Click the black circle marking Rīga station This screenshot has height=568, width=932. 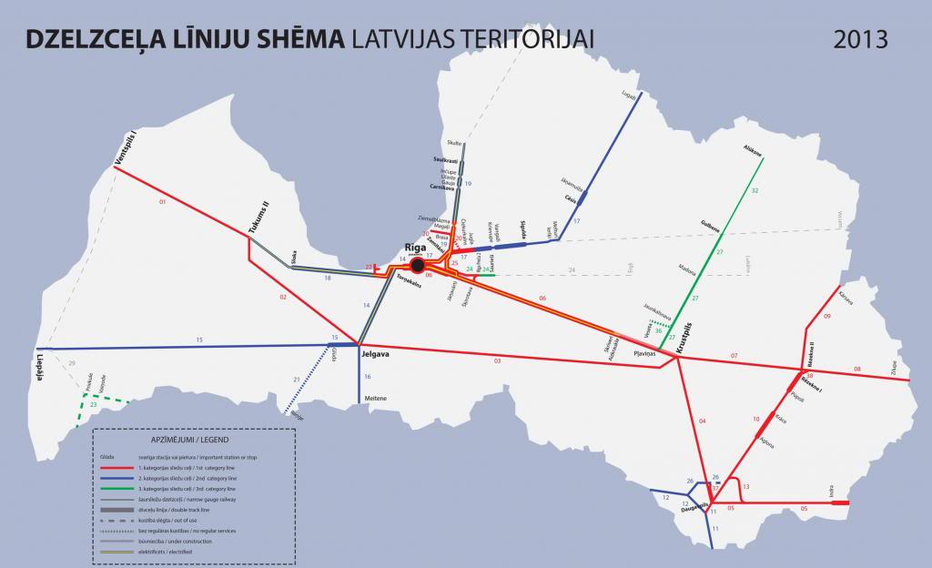click(418, 265)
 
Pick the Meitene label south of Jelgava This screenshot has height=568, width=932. click(375, 399)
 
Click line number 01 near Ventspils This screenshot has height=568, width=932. click(164, 201)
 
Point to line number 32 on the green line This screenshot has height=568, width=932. click(755, 190)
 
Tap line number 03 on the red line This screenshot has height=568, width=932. click(497, 362)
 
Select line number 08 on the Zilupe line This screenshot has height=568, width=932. click(856, 369)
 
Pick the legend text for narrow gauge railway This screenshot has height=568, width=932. click(183, 500)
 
